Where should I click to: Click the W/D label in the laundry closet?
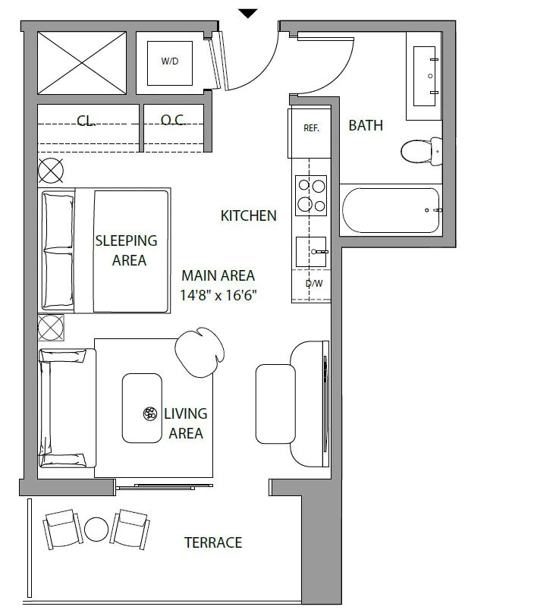tap(170, 61)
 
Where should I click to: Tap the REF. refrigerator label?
tap(312, 128)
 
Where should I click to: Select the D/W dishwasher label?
tap(314, 283)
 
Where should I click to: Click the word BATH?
tap(366, 125)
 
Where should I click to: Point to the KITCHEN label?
tap(249, 215)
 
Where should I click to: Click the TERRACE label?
tap(213, 542)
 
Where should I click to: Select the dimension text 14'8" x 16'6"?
tap(218, 295)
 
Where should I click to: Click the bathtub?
tap(391, 210)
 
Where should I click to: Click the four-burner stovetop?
tap(311, 195)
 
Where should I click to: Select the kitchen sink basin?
tap(311, 252)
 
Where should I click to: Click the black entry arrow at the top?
tap(248, 14)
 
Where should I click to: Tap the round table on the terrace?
tap(96, 530)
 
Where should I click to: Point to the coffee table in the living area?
tap(142, 408)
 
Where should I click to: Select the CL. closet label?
tap(86, 120)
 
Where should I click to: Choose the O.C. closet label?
tap(173, 120)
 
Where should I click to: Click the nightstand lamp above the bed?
tap(51, 171)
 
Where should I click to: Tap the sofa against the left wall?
tap(68, 408)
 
